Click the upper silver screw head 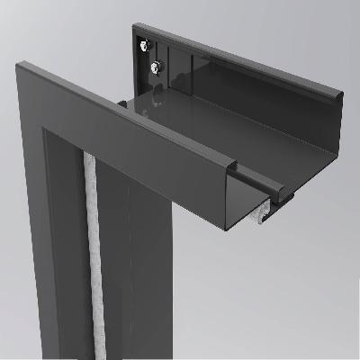click(144, 43)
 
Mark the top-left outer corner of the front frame click(17, 63)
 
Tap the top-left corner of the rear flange click(136, 26)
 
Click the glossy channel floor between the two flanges click(234, 144)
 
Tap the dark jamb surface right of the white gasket click(112, 270)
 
